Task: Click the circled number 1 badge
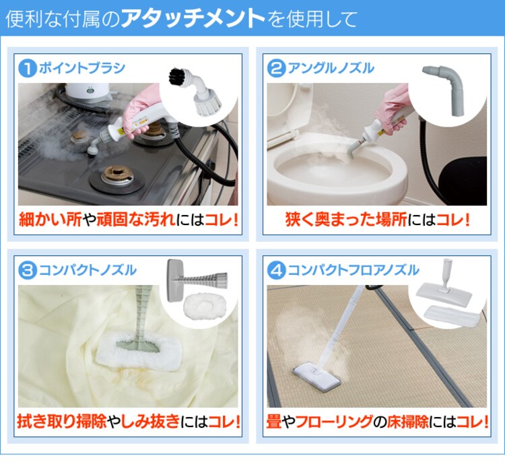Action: (x=28, y=68)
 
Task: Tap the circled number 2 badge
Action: (x=276, y=68)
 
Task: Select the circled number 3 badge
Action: (x=28, y=270)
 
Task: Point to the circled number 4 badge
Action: (x=276, y=270)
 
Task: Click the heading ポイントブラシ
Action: (x=82, y=68)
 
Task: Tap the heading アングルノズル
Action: (x=331, y=68)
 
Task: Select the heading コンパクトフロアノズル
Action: (x=353, y=270)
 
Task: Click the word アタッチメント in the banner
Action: (x=193, y=18)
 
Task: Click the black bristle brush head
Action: (x=178, y=77)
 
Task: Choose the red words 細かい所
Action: (x=50, y=220)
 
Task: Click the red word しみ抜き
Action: (x=150, y=422)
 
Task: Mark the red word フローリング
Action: (x=334, y=422)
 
